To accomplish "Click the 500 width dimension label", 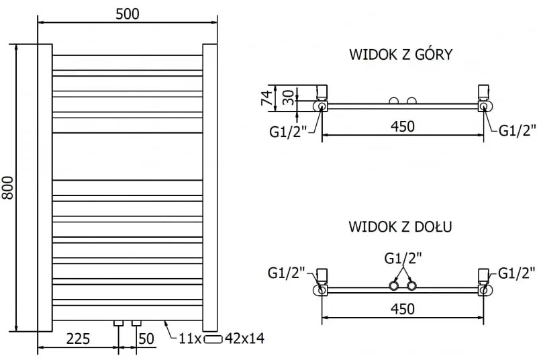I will (x=127, y=13).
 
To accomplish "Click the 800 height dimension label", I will (x=9, y=187).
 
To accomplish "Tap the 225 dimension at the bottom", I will (x=78, y=339).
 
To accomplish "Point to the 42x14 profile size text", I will (x=246, y=339).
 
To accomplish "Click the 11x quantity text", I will (x=190, y=339).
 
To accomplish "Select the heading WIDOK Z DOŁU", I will (x=400, y=226).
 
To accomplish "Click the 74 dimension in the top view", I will (x=266, y=99).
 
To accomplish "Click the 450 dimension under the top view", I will (x=403, y=126).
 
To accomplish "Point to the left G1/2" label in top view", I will (x=287, y=131).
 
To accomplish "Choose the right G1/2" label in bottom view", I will (x=516, y=273).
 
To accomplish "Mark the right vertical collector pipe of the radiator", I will (x=209, y=187).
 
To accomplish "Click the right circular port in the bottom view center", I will (x=411, y=287).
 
